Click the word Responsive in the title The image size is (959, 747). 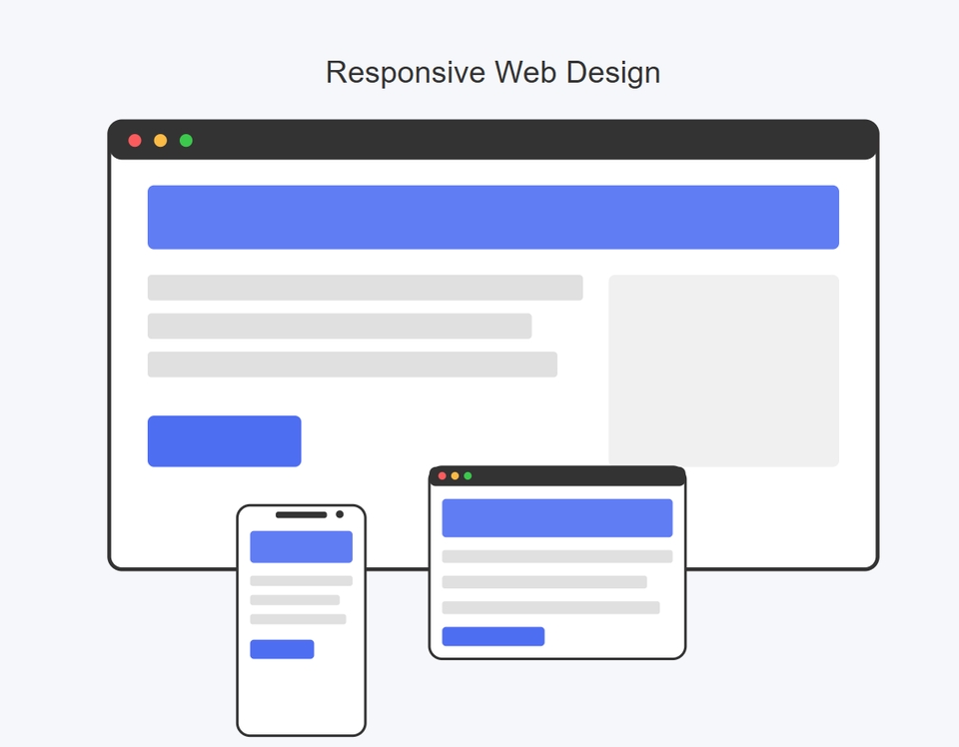tap(406, 73)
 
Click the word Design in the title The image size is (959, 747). tap(612, 73)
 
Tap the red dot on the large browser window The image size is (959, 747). tap(135, 141)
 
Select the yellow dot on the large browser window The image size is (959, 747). tap(160, 141)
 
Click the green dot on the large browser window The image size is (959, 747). tap(186, 141)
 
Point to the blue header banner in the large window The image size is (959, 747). tap(492, 217)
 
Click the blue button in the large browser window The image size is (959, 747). tap(225, 440)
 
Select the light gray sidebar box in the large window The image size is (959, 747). tap(723, 371)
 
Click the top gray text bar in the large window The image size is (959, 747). tap(366, 288)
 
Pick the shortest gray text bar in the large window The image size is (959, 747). tap(340, 326)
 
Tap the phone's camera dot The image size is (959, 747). tap(340, 514)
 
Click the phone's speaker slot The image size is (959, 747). tap(301, 514)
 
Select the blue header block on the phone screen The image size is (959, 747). tap(301, 546)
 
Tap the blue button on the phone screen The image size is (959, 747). tap(282, 649)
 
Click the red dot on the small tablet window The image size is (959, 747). tap(443, 475)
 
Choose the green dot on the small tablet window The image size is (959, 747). tap(468, 475)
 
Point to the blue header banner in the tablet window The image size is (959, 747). tap(557, 517)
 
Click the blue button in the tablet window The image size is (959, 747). tap(492, 636)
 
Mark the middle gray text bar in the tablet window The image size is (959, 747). tap(544, 582)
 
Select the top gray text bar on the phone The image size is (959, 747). tap(301, 581)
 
